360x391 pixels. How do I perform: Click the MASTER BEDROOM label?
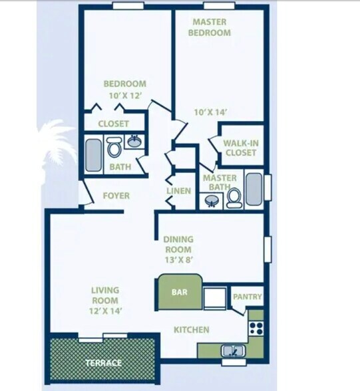[210, 27]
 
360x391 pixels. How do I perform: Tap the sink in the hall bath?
[135, 141]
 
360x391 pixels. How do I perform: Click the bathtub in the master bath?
[254, 190]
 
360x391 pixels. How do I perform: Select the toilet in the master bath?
[234, 198]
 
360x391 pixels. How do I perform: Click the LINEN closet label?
[179, 192]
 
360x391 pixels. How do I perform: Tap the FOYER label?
[116, 196]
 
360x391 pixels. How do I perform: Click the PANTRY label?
[247, 297]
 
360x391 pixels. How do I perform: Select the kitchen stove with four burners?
[256, 327]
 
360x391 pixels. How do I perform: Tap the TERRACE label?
[103, 363]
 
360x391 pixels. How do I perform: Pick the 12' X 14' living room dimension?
[105, 311]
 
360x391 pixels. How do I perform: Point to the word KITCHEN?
[192, 330]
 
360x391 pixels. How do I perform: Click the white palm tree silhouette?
[57, 146]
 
